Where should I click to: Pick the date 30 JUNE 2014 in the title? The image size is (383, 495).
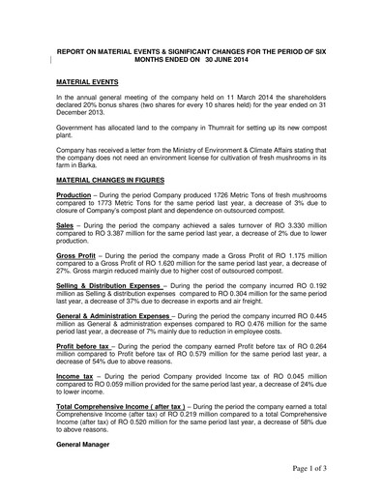222,64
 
